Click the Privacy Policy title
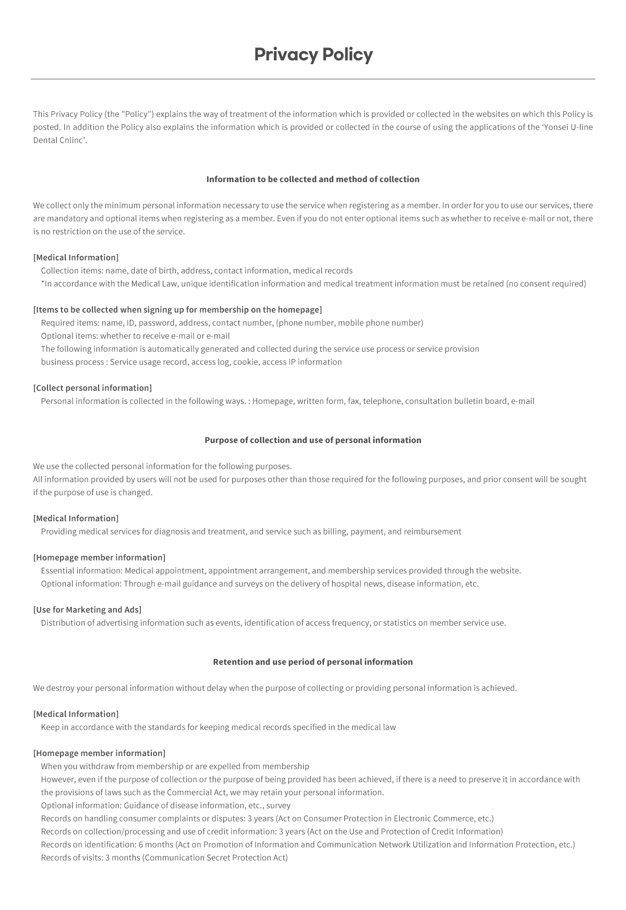click(313, 54)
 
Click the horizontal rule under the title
click(313, 79)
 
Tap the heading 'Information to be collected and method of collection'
click(313, 179)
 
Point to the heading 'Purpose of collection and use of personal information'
click(313, 440)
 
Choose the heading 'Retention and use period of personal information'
click(313, 662)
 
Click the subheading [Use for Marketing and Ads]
click(87, 610)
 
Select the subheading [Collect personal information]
click(92, 388)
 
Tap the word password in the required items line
click(156, 323)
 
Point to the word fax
click(353, 401)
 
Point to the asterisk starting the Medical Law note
click(43, 283)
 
